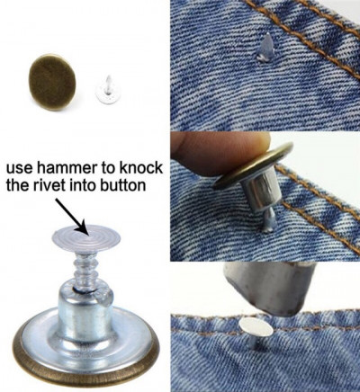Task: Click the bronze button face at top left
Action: pyautogui.click(x=52, y=82)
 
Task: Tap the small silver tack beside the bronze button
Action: pyautogui.click(x=105, y=91)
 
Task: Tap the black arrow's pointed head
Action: pyautogui.click(x=82, y=229)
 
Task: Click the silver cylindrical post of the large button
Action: pyautogui.click(x=84, y=312)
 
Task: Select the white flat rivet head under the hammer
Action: pyautogui.click(x=256, y=327)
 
